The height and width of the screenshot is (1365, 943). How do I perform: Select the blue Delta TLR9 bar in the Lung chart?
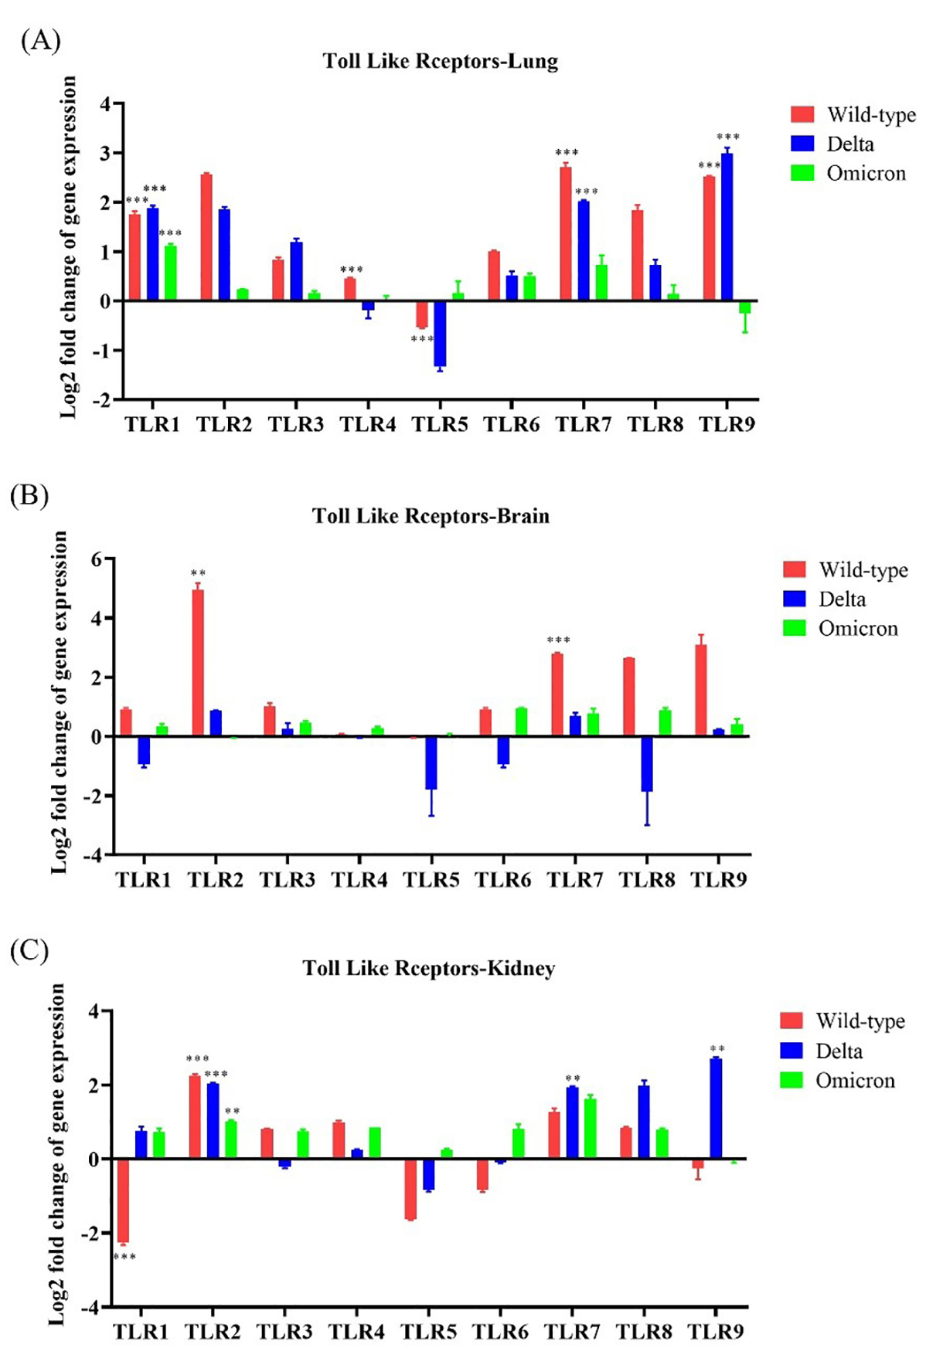727,227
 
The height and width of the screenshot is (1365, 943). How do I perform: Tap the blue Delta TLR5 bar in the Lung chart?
440,333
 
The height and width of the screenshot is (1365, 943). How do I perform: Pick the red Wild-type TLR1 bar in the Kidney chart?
123,1200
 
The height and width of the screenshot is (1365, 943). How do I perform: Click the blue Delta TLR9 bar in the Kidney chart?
716,1109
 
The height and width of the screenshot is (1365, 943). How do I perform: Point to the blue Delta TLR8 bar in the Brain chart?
646,763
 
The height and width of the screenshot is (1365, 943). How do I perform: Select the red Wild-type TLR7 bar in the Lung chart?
566,233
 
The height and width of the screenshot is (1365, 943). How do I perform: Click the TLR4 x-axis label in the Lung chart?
368,424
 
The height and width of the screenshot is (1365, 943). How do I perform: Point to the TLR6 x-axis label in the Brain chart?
503,879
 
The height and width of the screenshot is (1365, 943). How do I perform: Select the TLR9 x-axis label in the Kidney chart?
716,1331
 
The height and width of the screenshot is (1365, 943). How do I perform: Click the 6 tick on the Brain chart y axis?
97,559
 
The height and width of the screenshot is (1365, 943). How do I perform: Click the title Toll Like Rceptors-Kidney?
429,968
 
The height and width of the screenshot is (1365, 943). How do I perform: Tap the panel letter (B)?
29,494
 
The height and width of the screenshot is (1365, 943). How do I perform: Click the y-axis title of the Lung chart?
70,247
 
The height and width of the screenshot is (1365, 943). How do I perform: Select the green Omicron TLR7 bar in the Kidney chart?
590,1128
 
